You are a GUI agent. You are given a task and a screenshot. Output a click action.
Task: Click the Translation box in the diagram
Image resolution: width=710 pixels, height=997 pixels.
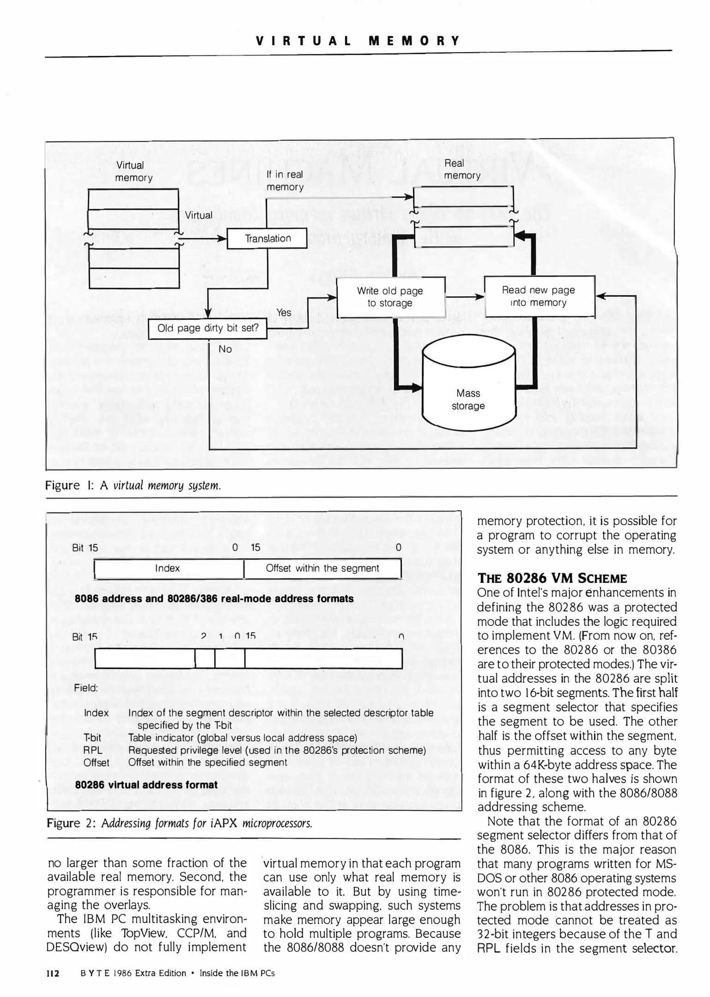point(268,239)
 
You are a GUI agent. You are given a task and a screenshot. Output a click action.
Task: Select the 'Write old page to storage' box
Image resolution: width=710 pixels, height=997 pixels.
point(390,297)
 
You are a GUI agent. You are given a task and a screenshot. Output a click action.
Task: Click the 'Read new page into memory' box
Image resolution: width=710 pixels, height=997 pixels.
point(538,296)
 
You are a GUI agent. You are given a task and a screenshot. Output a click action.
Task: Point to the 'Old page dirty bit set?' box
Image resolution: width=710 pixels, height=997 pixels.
point(208,329)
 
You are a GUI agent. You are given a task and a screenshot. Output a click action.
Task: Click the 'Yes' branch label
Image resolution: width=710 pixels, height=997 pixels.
point(284,312)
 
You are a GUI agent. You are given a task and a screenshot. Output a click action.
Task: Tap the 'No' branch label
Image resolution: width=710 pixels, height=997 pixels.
point(225,349)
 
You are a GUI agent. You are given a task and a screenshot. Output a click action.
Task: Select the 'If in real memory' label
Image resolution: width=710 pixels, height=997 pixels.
point(285,180)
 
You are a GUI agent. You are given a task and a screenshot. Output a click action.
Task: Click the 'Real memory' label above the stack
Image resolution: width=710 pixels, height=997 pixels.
point(462,169)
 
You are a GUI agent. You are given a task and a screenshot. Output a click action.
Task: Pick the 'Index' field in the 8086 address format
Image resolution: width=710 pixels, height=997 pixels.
point(168,569)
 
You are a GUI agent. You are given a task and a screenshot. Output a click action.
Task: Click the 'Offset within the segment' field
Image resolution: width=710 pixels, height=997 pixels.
point(322,569)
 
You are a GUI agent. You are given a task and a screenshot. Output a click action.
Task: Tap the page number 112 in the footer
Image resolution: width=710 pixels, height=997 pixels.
point(53,973)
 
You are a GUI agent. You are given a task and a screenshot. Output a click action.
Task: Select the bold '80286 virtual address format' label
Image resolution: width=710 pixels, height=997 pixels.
point(146,785)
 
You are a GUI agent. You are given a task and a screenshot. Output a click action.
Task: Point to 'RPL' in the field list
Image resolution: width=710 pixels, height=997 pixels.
point(93,750)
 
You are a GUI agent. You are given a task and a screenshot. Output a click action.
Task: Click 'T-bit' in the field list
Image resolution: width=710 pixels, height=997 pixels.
point(92,738)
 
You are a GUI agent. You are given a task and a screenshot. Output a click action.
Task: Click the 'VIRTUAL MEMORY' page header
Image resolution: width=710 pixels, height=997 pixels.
point(358,41)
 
